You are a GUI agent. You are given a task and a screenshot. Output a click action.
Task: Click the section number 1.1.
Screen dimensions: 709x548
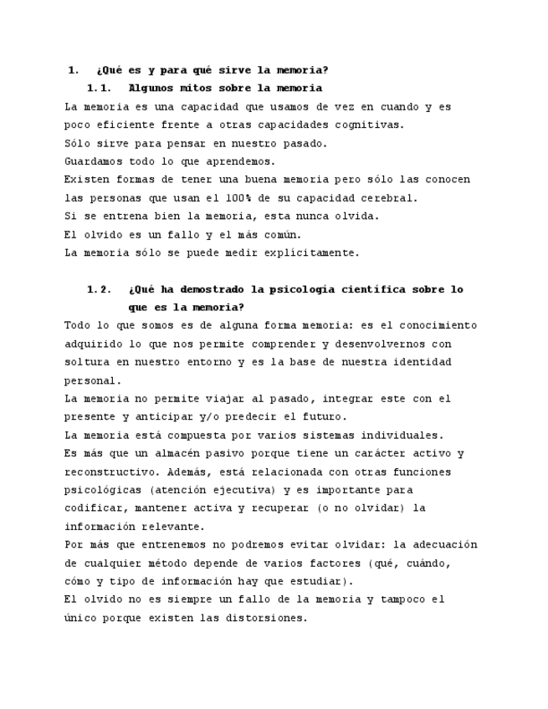(99, 88)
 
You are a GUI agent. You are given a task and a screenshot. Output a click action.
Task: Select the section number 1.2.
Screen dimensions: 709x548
(99, 289)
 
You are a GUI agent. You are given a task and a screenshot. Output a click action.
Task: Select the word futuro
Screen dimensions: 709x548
(323, 416)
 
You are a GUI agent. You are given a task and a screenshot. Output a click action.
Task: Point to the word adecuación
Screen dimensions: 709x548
(440, 544)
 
